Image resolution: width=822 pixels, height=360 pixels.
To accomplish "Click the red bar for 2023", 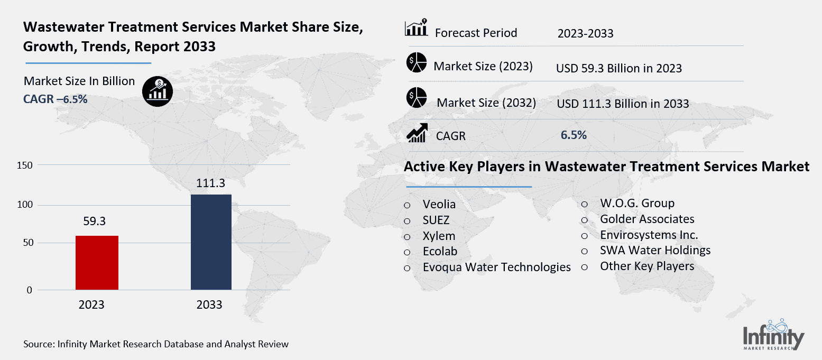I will [97, 263].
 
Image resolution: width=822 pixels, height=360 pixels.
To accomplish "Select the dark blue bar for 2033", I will [211, 242].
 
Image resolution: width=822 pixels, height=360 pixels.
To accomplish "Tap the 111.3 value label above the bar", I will [210, 183].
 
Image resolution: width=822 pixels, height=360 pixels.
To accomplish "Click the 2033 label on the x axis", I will [209, 305].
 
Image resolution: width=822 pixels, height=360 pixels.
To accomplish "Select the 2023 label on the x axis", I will [91, 305].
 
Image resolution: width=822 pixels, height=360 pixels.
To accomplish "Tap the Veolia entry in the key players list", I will [439, 204].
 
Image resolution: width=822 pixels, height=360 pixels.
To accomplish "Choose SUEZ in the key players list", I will [436, 220].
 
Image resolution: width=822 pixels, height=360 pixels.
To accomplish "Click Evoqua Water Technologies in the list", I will [496, 267].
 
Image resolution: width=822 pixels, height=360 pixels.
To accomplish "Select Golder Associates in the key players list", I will [647, 219].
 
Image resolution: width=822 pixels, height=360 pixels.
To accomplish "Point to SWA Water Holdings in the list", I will [655, 250].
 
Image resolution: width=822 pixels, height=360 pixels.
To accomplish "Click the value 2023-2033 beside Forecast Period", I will [585, 34].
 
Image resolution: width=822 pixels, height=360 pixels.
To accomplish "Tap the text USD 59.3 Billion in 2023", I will [618, 68].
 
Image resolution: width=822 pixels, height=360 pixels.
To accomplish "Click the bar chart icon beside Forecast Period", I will [416, 30].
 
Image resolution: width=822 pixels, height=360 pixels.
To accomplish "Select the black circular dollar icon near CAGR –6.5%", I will [157, 90].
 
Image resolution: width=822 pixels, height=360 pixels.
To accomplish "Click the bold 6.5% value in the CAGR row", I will [574, 135].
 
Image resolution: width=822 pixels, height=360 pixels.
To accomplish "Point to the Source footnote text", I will [156, 344].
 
